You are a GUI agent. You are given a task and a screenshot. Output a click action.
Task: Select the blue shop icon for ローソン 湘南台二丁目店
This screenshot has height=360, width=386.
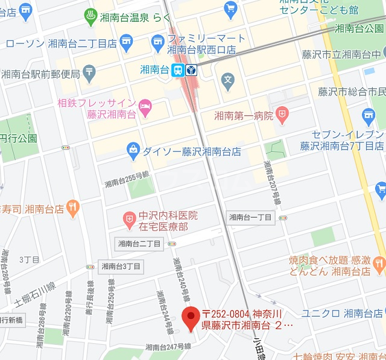pos(126,41)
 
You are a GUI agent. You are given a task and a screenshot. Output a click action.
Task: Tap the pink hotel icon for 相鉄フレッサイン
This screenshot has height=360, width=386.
pos(145,107)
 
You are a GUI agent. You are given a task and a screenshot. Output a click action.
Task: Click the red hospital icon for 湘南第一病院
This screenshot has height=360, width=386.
pos(282,113)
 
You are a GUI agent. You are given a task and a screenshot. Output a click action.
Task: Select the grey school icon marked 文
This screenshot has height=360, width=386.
pos(227,78)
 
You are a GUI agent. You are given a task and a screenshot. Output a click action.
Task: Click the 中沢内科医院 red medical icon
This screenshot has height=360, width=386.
pos(128,220)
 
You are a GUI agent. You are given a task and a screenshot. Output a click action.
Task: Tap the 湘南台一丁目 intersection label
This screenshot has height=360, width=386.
pos(251,217)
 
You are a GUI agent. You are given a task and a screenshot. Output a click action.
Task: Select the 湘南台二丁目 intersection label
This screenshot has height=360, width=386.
pos(139,244)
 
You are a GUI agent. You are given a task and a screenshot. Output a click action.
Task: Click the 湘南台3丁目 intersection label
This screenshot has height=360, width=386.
pos(121,266)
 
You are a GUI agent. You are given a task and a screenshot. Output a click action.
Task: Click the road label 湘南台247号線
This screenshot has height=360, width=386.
pos(168,347)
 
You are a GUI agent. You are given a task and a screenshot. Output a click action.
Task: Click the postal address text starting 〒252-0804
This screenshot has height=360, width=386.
pos(248,320)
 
